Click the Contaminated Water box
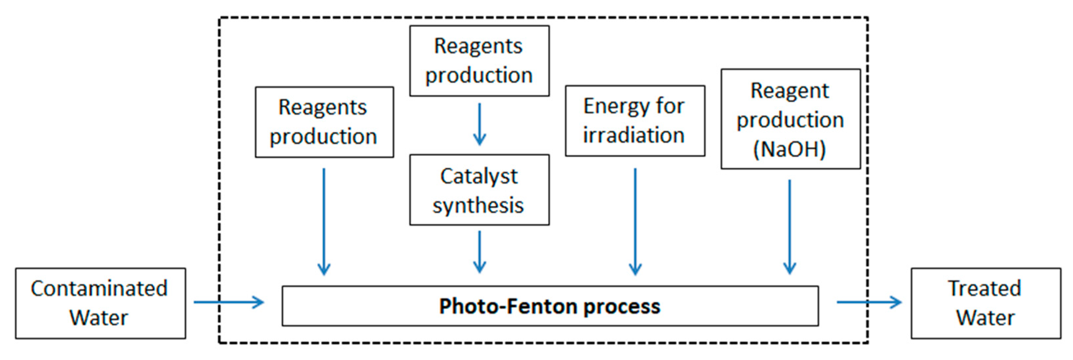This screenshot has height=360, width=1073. (x=100, y=303)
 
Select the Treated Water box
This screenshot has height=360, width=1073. (x=986, y=303)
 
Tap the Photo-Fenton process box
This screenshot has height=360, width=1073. (x=550, y=306)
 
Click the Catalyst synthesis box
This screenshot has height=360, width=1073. (x=479, y=190)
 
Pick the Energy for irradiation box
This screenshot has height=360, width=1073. (x=635, y=121)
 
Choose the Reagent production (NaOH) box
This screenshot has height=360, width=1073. (x=791, y=119)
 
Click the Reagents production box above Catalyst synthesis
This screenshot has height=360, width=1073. (x=479, y=61)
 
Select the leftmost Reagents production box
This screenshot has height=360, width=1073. (x=324, y=122)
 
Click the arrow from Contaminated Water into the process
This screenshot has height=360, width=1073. (x=229, y=302)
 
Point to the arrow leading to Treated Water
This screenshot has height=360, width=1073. (x=869, y=302)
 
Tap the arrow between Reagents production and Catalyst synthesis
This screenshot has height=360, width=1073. (x=479, y=124)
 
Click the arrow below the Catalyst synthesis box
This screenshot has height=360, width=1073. (x=479, y=252)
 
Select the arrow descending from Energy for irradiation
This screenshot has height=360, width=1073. (x=635, y=221)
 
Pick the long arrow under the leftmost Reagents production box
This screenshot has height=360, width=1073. (x=324, y=221)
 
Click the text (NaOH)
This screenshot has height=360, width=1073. (x=789, y=149)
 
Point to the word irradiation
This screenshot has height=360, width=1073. (x=634, y=135)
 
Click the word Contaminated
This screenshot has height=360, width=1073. (x=99, y=288)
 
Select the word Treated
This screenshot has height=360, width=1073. (x=985, y=288)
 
